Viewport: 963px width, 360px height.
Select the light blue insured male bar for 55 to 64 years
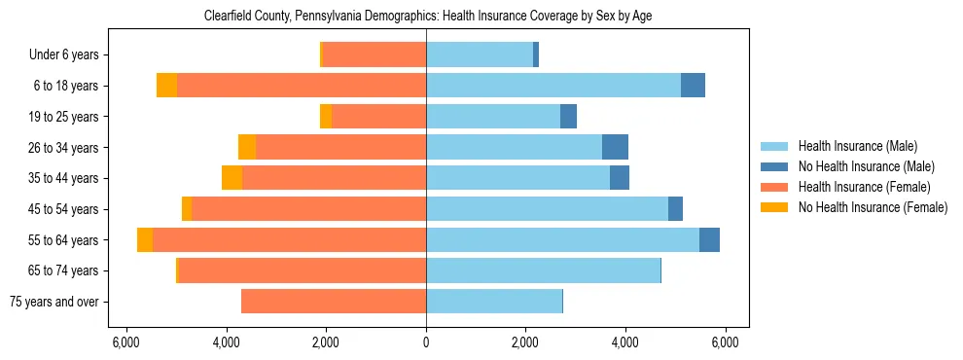tap(562, 239)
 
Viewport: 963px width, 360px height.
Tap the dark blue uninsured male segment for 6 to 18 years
tap(693, 86)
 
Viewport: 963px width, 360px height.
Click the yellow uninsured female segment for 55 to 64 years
tap(145, 239)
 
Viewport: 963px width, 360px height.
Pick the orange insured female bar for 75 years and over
tap(334, 302)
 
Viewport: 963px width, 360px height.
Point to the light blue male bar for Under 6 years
tap(480, 55)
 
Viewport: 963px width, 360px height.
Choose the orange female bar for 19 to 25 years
tap(378, 117)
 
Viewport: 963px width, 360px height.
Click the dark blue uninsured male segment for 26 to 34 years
tap(615, 147)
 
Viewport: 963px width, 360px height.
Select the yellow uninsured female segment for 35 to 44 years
tap(232, 178)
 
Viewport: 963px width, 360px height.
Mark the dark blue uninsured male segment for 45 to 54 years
tap(675, 209)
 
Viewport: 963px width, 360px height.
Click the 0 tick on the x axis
tap(426, 342)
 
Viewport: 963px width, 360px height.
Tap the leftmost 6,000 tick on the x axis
tap(126, 342)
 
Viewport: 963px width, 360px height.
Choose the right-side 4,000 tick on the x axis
tap(624, 342)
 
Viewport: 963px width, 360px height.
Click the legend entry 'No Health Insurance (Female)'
tap(873, 207)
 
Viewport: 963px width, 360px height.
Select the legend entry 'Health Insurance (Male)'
tap(857, 146)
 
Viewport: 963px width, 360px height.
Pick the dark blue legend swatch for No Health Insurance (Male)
tap(775, 166)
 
